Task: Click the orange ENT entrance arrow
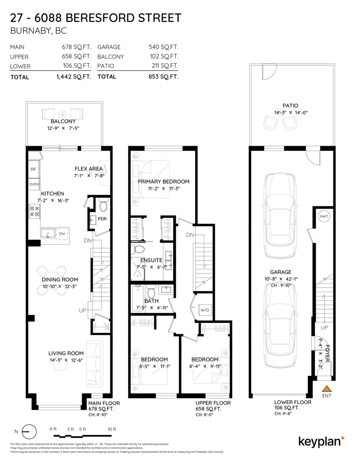pos(327,388)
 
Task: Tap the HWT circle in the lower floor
pos(323,216)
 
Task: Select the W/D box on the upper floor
pos(205,310)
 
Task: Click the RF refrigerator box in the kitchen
pos(33,169)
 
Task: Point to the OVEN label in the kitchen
pos(34,184)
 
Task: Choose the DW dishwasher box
pos(62,233)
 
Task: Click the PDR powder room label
pos(102,219)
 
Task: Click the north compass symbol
pos(30,431)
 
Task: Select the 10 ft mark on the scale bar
pos(112,429)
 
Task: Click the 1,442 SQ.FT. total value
pos(73,77)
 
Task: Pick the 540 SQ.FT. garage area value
pos(163,47)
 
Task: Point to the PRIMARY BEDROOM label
pos(163,181)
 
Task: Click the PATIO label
pos(290,106)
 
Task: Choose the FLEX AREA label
pos(89,169)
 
